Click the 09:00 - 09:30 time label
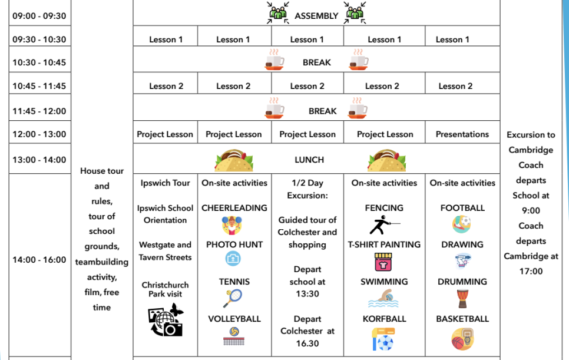[39, 16]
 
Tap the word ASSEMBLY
[316, 16]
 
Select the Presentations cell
[462, 134]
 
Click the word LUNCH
[309, 160]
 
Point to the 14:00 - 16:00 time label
[39, 260]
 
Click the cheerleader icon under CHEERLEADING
[232, 225]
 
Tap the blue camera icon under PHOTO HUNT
[233, 259]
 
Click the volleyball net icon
[234, 336]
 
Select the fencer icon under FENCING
[384, 225]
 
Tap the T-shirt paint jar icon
[383, 262]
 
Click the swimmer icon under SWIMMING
[383, 298]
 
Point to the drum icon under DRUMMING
[462, 299]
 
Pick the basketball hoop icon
[462, 339]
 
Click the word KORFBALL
[384, 319]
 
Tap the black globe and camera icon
[166, 320]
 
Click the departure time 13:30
[307, 294]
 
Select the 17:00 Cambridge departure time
[531, 271]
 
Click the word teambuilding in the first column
[101, 262]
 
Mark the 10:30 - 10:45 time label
[39, 62]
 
